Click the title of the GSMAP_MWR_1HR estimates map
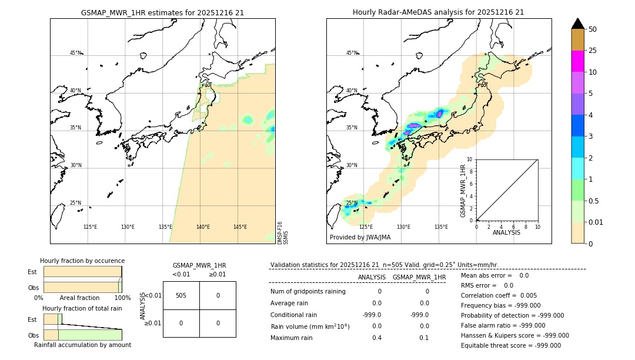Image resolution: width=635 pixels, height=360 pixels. [x=162, y=12]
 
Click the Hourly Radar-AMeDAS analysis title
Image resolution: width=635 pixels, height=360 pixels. [x=438, y=12]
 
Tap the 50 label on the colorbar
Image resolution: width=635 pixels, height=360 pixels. [x=593, y=29]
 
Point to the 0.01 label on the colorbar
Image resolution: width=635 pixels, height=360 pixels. [x=597, y=222]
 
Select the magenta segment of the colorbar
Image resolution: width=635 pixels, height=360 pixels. [x=578, y=61]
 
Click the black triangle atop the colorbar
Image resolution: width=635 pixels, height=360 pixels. [x=578, y=24]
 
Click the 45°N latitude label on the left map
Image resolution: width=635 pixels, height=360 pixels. [x=76, y=53]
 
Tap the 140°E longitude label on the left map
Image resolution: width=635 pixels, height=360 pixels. [x=203, y=227]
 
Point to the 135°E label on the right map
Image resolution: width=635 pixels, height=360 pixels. [x=441, y=227]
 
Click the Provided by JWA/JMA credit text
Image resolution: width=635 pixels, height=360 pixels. [x=360, y=238]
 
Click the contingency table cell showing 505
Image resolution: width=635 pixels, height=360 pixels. [x=181, y=295]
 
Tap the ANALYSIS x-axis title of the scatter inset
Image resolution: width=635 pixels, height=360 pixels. [x=506, y=233]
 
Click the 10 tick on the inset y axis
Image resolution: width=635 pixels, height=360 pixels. [x=469, y=159]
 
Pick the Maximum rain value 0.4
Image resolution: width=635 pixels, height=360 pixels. [x=377, y=338]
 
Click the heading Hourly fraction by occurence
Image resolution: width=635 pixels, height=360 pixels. [x=82, y=261]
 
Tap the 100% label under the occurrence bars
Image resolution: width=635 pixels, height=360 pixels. [x=122, y=298]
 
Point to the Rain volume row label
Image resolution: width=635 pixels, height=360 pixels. [x=310, y=326]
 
